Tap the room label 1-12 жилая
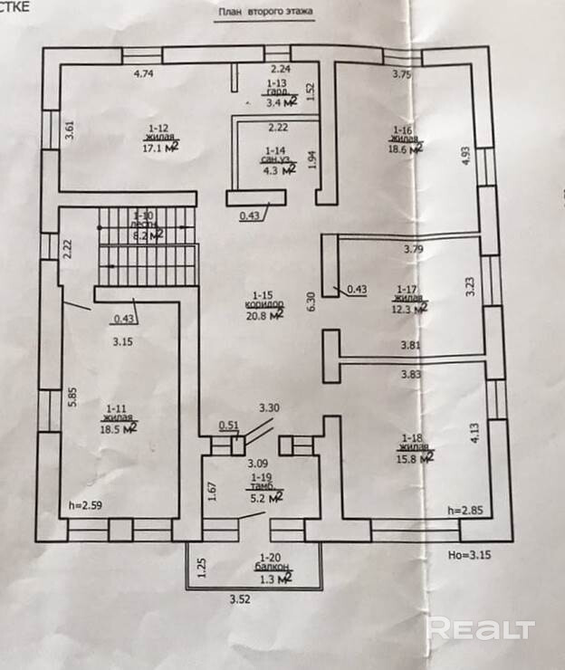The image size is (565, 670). [x=159, y=134]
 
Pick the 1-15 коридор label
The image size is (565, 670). [x=269, y=300]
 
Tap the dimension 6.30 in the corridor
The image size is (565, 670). [x=311, y=301]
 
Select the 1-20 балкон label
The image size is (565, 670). [x=273, y=562]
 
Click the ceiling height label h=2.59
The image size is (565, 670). [x=86, y=504]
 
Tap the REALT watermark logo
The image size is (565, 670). [x=480, y=628]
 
